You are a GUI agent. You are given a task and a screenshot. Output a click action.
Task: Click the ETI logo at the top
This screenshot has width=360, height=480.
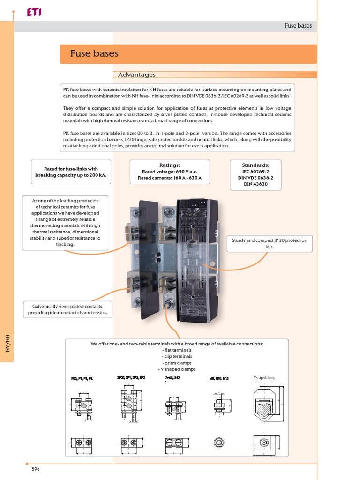pos(34,13)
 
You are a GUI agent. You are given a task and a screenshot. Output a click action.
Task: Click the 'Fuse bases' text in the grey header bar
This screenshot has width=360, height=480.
pos(298,26)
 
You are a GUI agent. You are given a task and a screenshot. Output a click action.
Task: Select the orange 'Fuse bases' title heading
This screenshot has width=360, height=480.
pos(94,53)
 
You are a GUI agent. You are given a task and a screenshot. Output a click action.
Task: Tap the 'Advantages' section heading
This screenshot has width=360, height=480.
pos(136,75)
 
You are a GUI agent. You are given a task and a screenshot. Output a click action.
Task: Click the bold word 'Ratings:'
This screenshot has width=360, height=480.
pos(170,165)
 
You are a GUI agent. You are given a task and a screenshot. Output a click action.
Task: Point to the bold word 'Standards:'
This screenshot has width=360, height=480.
pos(255,165)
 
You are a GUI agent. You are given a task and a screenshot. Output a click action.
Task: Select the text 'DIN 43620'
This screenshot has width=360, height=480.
pos(255,184)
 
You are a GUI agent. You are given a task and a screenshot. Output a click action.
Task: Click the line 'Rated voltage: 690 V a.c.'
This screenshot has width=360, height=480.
pos(170,172)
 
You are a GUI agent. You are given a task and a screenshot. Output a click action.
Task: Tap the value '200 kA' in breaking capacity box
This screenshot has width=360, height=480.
pos(96,175)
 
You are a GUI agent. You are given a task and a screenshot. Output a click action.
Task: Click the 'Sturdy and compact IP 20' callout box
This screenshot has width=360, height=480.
pos(270,243)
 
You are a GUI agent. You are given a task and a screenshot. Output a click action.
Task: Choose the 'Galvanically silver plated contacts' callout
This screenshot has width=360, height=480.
pos(67,309)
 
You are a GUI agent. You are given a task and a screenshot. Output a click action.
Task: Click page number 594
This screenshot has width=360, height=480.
pos(35,469)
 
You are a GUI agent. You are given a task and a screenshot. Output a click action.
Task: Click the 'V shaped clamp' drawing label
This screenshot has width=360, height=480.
pos(264,378)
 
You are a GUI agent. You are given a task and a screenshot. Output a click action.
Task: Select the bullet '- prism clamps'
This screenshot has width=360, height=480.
pos(177,363)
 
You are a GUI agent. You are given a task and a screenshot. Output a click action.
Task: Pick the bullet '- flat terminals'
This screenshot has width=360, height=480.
pos(177,350)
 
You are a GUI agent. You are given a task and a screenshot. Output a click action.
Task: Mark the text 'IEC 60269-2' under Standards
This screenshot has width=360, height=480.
pos(255,172)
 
